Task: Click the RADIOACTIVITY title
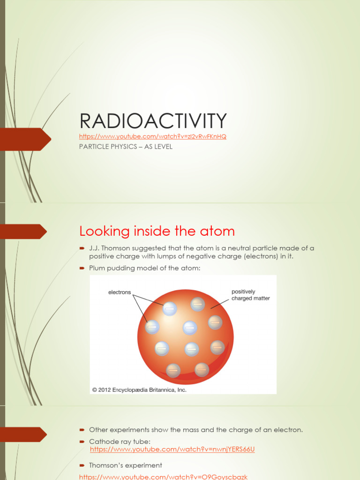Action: tap(153, 121)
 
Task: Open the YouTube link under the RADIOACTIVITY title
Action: tap(153, 136)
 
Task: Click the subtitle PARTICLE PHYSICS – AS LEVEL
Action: tap(126, 147)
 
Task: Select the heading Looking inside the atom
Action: tap(157, 231)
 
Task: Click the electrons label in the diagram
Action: tap(120, 292)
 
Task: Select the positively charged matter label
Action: tap(250, 295)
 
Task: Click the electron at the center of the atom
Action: tap(190, 328)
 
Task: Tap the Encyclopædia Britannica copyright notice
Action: tap(139, 389)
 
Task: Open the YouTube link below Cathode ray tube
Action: tap(172, 449)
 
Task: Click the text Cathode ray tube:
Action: tap(120, 442)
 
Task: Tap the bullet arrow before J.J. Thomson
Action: tap(82, 248)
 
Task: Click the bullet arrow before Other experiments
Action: tap(82, 430)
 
